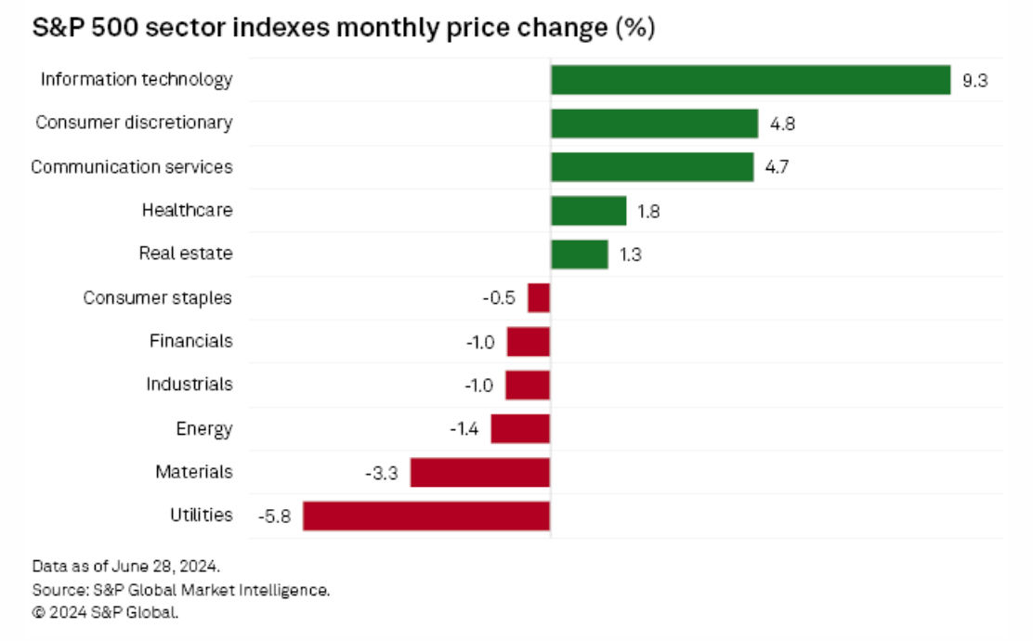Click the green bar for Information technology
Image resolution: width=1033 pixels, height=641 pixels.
[x=751, y=80]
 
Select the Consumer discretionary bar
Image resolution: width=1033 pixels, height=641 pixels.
[x=655, y=124]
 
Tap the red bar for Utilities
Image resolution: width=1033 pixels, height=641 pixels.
[x=426, y=516]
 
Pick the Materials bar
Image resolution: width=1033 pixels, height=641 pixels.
[x=480, y=472]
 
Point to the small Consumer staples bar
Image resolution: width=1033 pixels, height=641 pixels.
[x=539, y=298]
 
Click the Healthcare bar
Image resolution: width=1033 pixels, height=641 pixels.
[x=589, y=211]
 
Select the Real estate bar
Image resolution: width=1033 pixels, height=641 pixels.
[x=580, y=255]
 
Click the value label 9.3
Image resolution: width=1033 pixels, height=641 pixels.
[x=974, y=81]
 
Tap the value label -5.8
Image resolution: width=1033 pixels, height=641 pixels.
[x=274, y=517]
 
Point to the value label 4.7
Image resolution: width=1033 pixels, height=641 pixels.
[x=778, y=168]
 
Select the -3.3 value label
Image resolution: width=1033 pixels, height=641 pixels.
[x=382, y=473]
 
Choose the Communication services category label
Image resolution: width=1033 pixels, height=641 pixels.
[x=132, y=167]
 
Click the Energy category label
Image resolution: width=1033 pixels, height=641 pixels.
[x=203, y=428]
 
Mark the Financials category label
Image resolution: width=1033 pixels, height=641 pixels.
[x=191, y=341]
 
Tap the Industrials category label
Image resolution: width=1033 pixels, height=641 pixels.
[x=190, y=384]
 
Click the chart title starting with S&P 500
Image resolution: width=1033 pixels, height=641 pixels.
[x=345, y=29]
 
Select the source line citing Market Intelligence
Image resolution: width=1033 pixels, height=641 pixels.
[x=181, y=589]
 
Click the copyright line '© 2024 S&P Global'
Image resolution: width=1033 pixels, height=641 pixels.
[x=105, y=612]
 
